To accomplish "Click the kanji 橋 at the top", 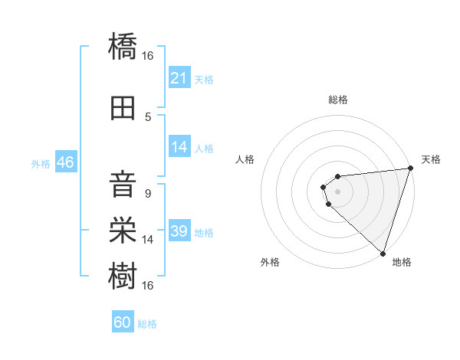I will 123,47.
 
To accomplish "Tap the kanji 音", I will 123,185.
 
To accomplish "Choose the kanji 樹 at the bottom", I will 123,274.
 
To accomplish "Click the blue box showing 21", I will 179,78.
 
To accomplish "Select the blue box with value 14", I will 179,147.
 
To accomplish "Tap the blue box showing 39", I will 179,231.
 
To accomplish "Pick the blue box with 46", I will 65,162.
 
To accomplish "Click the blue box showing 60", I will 123,322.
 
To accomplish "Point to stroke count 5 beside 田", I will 148,116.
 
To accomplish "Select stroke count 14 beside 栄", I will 148,240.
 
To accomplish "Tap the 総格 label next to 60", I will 147,324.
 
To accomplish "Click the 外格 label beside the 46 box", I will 41,163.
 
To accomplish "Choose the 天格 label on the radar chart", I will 431,159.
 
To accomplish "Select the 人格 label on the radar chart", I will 245,159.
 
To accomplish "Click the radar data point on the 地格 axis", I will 383,253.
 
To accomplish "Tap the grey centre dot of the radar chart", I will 337,191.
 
